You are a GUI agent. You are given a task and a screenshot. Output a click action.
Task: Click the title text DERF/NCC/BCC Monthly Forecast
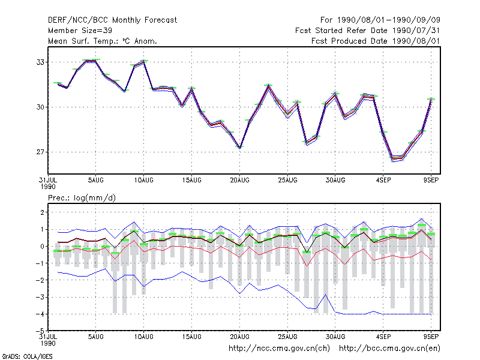pyautogui.click(x=112, y=20)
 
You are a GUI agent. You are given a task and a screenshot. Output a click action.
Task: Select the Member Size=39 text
pyautogui.click(x=80, y=31)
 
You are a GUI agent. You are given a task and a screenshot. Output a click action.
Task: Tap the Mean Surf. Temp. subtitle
pyautogui.click(x=103, y=41)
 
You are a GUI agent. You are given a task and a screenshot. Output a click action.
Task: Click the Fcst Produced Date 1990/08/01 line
pyautogui.click(x=376, y=41)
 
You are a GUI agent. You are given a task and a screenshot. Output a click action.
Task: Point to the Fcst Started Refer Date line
pyautogui.click(x=368, y=31)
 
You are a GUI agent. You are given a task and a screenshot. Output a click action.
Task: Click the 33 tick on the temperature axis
pyautogui.click(x=40, y=62)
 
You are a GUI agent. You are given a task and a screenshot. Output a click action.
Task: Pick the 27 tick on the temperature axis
pyautogui.click(x=40, y=152)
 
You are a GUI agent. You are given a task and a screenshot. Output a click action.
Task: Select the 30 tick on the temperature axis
pyautogui.click(x=40, y=107)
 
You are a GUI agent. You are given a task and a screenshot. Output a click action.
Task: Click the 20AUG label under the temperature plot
pyautogui.click(x=239, y=181)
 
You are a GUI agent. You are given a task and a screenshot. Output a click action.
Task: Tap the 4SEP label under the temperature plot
pyautogui.click(x=383, y=181)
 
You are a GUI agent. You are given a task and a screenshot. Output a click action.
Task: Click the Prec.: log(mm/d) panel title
pyautogui.click(x=82, y=198)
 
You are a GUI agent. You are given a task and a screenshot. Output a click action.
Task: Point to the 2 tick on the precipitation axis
pyautogui.click(x=43, y=212)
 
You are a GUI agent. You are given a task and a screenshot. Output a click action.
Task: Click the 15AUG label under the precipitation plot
pyautogui.click(x=191, y=337)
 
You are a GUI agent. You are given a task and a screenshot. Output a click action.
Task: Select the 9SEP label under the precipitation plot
pyautogui.click(x=431, y=337)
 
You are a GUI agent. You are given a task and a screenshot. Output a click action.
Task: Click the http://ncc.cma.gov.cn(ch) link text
pyautogui.click(x=279, y=349)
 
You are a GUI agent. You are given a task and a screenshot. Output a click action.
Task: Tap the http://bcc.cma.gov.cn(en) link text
pyautogui.click(x=389, y=349)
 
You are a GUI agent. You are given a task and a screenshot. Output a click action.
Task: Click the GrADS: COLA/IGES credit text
pyautogui.click(x=27, y=356)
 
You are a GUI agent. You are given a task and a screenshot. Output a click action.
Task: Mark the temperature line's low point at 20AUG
pyautogui.click(x=239, y=148)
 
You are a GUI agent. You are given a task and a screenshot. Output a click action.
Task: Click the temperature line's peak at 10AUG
pyautogui.click(x=144, y=62)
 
